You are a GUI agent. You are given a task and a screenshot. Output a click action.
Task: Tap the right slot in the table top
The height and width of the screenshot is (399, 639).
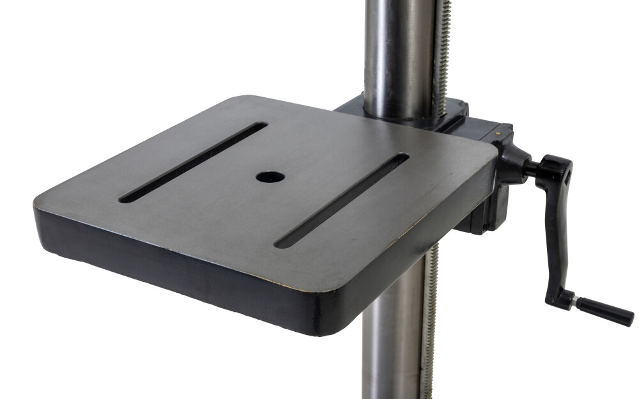[342, 200]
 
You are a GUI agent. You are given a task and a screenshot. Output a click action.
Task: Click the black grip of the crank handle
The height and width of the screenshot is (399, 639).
[604, 311]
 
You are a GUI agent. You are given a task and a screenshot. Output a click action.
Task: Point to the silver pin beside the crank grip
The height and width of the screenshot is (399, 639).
[574, 301]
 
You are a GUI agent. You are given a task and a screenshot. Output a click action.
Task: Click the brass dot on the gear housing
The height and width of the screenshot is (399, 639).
[498, 132]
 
